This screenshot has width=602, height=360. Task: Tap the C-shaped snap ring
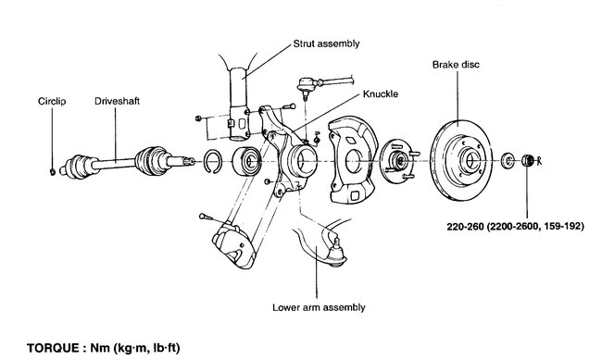[211, 159]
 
